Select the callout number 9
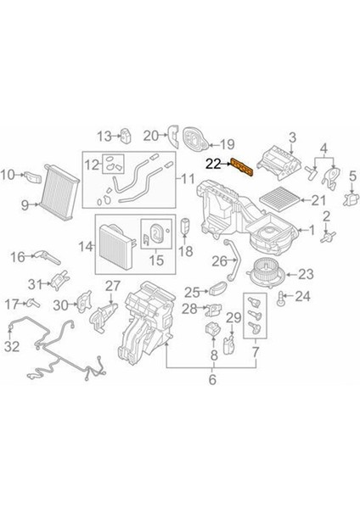click(x=25, y=204)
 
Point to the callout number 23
click(x=306, y=273)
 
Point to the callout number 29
click(x=228, y=317)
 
